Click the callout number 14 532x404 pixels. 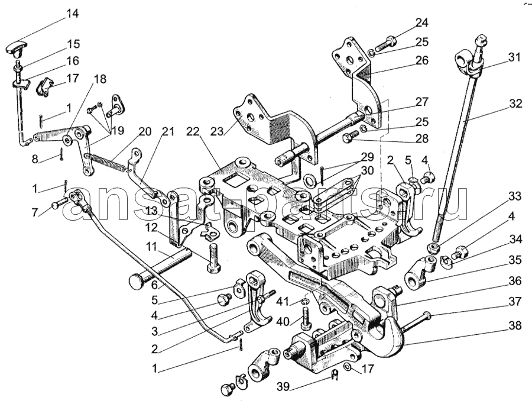(x=72, y=13)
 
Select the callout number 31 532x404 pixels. (x=514, y=58)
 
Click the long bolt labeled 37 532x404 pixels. (x=420, y=319)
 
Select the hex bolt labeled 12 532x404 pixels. (x=213, y=260)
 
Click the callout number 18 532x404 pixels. (x=99, y=79)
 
